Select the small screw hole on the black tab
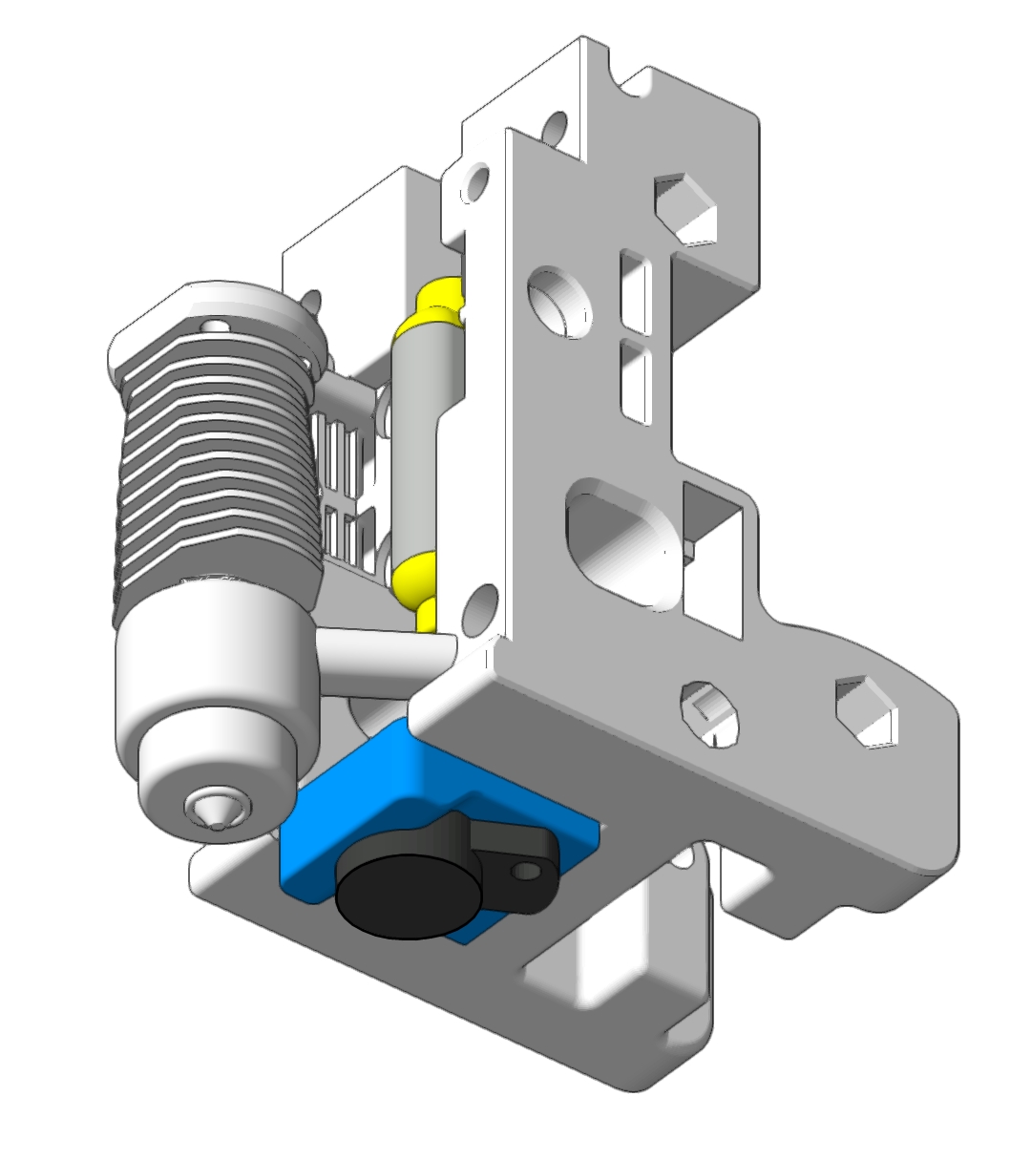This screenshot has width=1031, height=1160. click(x=523, y=871)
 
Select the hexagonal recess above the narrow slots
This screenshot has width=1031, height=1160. click(x=685, y=207)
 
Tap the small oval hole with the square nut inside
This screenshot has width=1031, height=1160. click(x=711, y=712)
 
